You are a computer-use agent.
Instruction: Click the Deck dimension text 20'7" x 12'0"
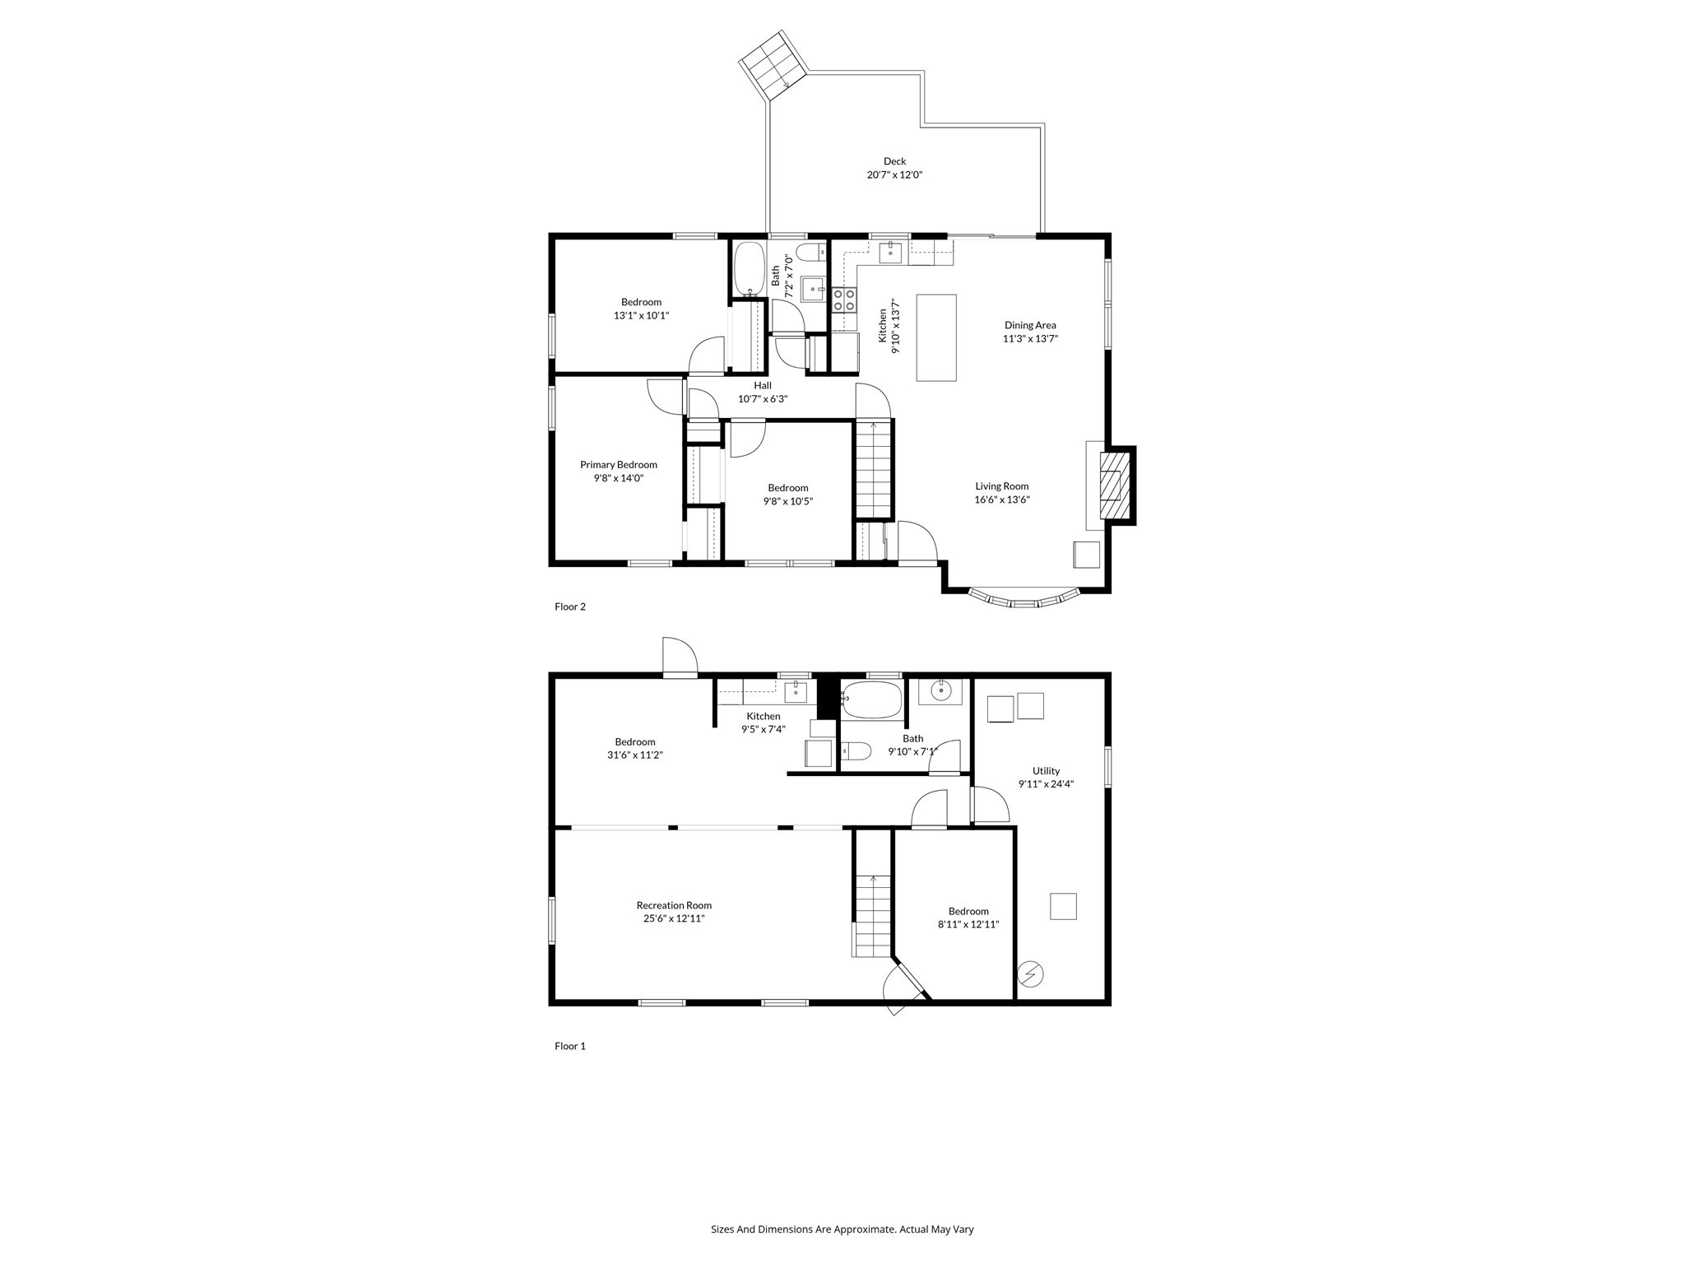coord(894,175)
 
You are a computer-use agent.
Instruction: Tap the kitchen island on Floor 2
coord(936,337)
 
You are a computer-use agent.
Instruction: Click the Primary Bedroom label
coord(618,465)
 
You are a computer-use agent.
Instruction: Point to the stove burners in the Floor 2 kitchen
coord(843,300)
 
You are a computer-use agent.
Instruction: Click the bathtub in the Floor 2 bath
coord(749,268)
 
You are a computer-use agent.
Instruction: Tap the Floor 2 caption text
coord(570,606)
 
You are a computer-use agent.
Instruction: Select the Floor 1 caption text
coord(570,1046)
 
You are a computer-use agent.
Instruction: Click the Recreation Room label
coord(674,905)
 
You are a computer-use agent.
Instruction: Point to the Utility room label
coord(1046,771)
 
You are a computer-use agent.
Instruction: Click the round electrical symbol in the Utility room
coord(1031,975)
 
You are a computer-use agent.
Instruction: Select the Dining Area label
coord(1030,325)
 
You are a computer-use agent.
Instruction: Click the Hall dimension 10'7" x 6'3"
coord(763,399)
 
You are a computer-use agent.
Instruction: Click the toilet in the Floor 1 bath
coord(856,750)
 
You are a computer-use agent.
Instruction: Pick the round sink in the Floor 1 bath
coord(940,691)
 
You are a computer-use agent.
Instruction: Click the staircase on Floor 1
coord(873,915)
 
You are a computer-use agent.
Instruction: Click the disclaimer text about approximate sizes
coord(842,1229)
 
